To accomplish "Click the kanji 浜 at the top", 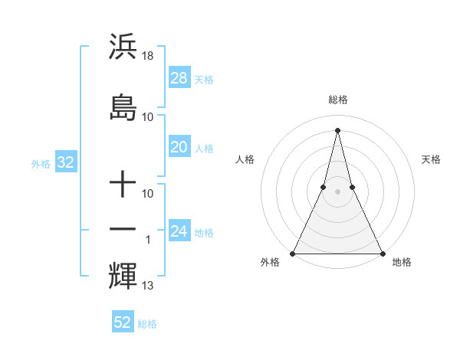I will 123,47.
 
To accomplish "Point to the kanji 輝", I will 123,275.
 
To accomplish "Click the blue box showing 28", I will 179,77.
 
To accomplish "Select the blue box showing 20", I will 179,147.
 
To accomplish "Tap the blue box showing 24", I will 179,231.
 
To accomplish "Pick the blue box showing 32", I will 65,162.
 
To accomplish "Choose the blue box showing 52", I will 123,322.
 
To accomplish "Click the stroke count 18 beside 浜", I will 149,56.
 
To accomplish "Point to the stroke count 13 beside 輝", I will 148,286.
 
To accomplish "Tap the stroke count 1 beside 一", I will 148,240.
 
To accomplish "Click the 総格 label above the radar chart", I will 337,100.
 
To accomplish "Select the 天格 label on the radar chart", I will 431,159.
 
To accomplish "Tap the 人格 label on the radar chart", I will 245,159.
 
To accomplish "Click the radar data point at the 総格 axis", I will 337,129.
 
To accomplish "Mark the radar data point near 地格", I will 382,253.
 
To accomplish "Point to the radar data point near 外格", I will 294,253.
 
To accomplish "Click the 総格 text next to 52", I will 147,324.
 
